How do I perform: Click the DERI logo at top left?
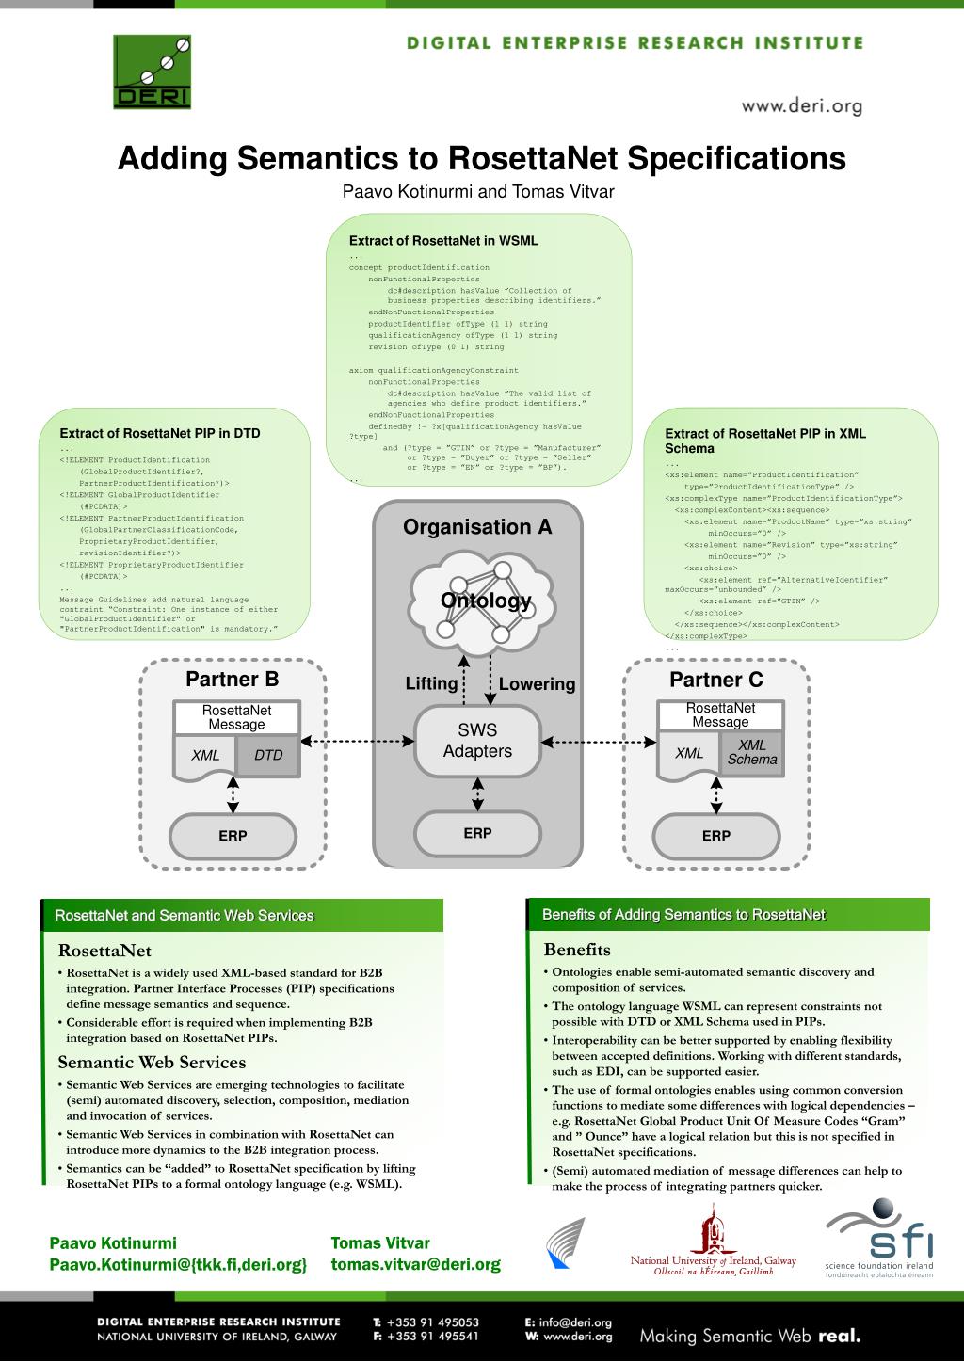pos(152,72)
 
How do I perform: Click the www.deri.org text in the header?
pos(801,106)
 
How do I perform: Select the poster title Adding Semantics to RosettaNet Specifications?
pos(481,158)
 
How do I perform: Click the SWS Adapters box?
pos(477,741)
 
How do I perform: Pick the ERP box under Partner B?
pos(233,836)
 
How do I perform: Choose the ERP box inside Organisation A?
pos(477,833)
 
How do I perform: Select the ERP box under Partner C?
pos(715,836)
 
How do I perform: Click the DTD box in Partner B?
pos(268,755)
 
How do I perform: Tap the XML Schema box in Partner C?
pos(752,752)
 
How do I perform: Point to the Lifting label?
pos(431,683)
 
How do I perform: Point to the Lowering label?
pos(537,684)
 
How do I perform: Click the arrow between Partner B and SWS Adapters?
pos(358,742)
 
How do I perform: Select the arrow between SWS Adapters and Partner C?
pos(599,742)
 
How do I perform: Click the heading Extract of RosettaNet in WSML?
pos(443,241)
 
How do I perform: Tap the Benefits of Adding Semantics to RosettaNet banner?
pos(683,915)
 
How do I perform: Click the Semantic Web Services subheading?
pos(152,1063)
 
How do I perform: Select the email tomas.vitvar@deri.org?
pos(415,1264)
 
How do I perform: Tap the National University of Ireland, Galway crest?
pos(713,1228)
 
